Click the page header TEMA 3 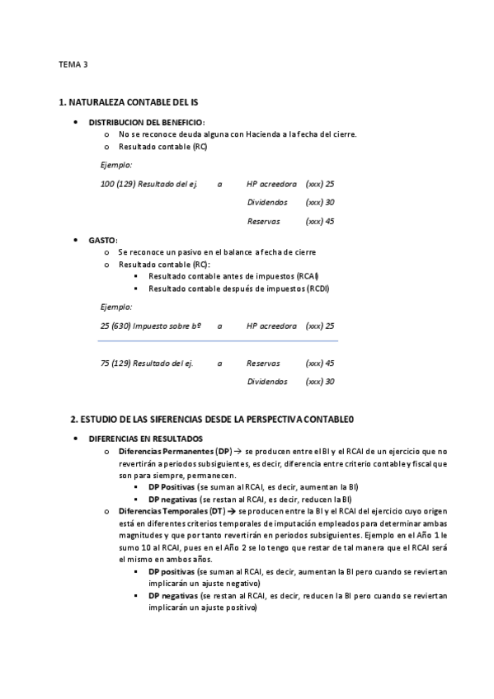click(73, 64)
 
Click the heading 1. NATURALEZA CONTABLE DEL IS click(128, 102)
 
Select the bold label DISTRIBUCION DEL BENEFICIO click(146, 122)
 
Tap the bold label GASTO click(102, 240)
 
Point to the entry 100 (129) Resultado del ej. click(148, 184)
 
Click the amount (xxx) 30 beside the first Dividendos click(319, 203)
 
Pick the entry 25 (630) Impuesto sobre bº click(151, 326)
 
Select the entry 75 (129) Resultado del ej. click(146, 363)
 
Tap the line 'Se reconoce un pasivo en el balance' click(216, 252)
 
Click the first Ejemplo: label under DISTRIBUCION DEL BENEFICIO click(115, 165)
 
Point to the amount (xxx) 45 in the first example click(319, 221)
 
